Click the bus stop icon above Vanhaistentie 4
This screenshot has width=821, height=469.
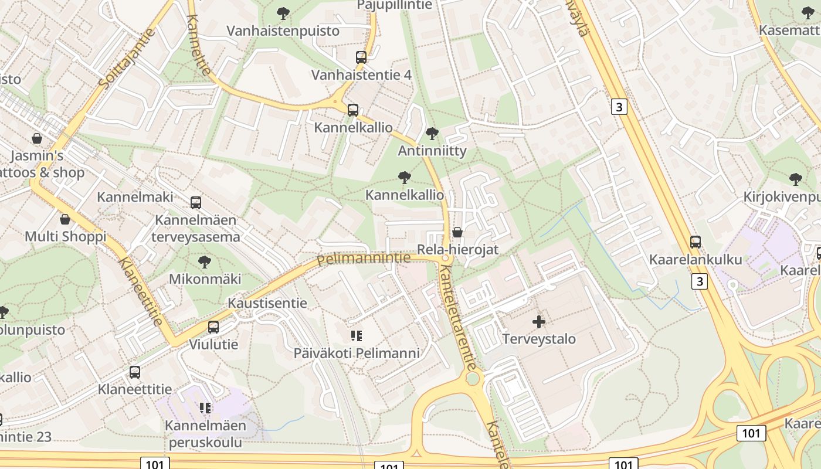tap(361, 57)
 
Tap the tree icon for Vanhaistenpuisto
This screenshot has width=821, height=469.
tap(283, 13)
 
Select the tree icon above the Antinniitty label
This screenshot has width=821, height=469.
tap(432, 134)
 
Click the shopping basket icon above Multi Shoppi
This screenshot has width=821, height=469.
tap(65, 219)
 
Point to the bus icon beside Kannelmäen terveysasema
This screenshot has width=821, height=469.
tap(196, 203)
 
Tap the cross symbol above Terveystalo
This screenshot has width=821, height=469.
tap(539, 321)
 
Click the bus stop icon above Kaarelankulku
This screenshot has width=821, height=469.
tap(696, 242)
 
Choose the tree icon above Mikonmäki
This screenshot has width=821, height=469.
tap(204, 261)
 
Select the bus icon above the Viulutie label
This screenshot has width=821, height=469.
tap(213, 327)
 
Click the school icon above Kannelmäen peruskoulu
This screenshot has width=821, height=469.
tap(205, 407)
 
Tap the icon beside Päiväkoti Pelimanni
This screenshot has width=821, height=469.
tap(357, 336)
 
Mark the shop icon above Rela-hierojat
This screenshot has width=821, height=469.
tap(457, 232)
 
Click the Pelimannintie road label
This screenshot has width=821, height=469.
tap(364, 259)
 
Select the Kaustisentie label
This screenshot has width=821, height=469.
tap(267, 303)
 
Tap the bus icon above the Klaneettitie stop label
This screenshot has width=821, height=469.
tap(135, 372)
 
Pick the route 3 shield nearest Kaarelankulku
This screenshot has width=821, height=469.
tap(699, 281)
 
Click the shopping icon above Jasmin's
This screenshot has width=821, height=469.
tap(37, 138)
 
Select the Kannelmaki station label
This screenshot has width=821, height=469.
tap(135, 196)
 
